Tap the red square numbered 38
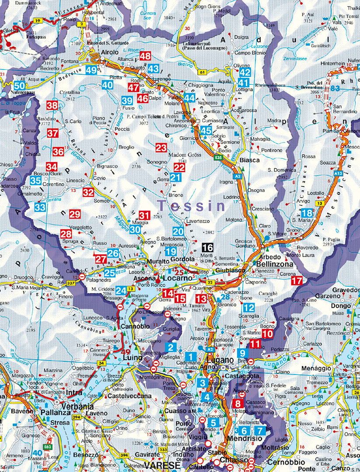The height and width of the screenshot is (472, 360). (52, 105)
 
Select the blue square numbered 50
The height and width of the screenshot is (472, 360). (19, 86)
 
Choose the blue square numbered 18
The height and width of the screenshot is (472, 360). (307, 213)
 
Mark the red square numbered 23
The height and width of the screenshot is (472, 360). (161, 148)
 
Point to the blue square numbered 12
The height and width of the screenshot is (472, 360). (248, 308)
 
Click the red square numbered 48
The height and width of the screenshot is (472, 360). (145, 56)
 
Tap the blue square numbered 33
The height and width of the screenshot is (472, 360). (40, 207)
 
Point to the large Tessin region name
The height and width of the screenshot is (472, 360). (191, 206)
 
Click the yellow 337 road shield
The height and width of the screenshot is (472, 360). (71, 283)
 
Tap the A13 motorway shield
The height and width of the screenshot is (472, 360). (338, 174)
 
